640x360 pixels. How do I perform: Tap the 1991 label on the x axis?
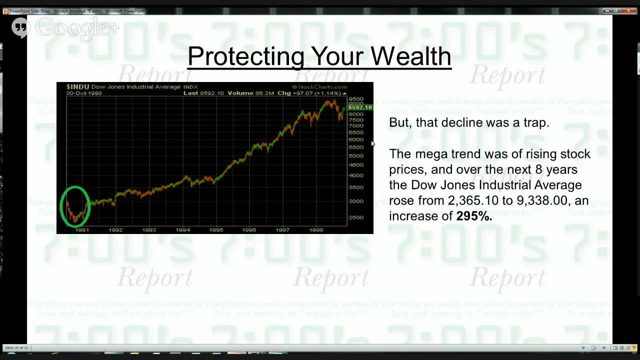click(x=81, y=230)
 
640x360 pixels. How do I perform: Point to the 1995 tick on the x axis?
click(x=216, y=230)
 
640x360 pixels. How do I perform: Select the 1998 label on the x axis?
click(x=316, y=230)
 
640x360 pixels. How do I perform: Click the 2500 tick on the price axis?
click(x=356, y=217)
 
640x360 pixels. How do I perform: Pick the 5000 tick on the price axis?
click(x=356, y=156)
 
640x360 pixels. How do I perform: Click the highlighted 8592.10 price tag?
click(x=360, y=107)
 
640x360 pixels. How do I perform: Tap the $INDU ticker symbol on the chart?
click(x=77, y=87)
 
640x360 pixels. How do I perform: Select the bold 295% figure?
click(x=474, y=216)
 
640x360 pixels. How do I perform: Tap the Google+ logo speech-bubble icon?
click(x=20, y=27)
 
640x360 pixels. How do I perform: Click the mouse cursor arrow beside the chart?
click(x=372, y=143)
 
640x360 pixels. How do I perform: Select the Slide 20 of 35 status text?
click(x=16, y=347)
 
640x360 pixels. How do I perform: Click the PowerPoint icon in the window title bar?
click(x=5, y=11)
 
